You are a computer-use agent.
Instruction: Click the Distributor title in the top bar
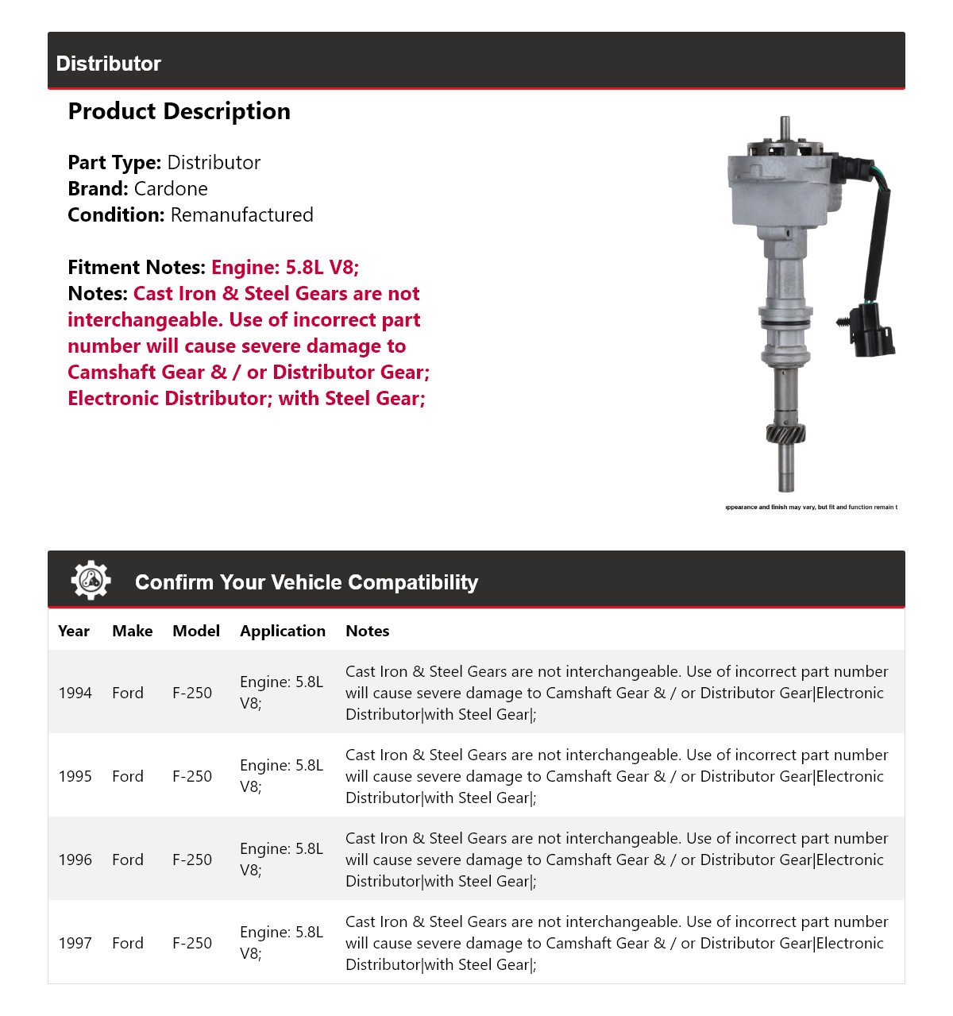(109, 64)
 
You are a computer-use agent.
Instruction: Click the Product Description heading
(179, 111)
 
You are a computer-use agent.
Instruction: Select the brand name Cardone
(171, 189)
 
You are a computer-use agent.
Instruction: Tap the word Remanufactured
(241, 215)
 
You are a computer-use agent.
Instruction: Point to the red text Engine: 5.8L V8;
(285, 268)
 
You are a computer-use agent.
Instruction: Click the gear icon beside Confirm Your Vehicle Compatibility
(91, 581)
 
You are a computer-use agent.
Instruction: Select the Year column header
(74, 631)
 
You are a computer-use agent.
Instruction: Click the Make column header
(132, 631)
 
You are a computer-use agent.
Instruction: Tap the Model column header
(196, 631)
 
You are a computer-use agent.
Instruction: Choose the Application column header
(283, 631)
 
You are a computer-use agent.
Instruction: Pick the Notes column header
(367, 631)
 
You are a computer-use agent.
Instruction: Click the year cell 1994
(75, 693)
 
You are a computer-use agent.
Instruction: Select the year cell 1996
(75, 860)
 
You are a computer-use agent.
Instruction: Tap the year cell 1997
(75, 943)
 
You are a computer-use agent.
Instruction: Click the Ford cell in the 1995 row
(128, 776)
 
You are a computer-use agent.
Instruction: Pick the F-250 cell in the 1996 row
(192, 860)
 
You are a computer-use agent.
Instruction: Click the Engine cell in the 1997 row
(281, 942)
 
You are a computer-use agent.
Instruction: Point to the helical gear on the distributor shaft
(785, 434)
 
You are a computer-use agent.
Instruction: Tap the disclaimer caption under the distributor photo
(811, 507)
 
